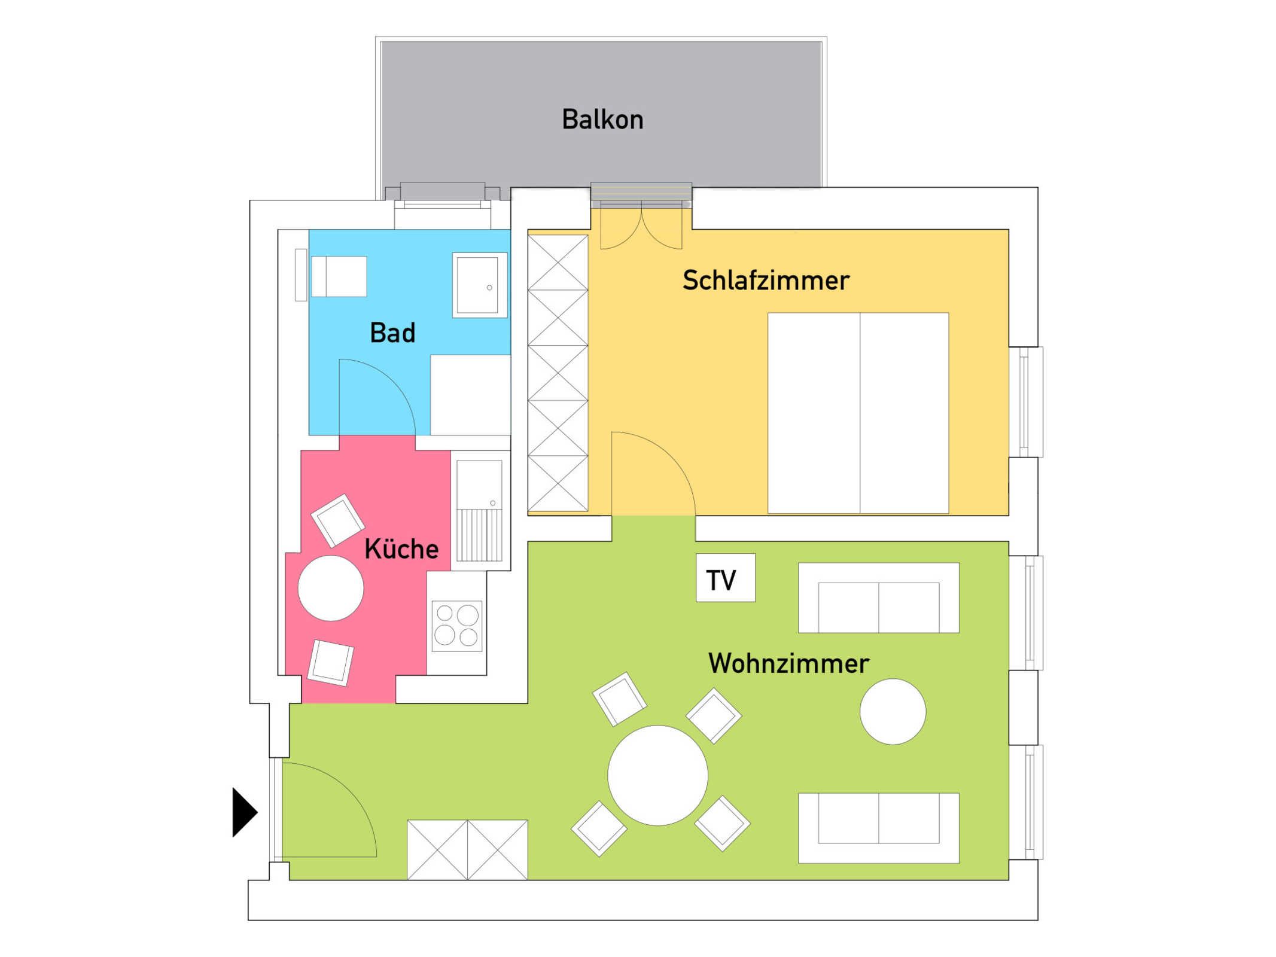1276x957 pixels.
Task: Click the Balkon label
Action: click(x=602, y=120)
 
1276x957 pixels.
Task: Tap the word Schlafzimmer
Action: click(x=766, y=281)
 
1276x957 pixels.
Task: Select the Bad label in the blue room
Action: click(x=392, y=333)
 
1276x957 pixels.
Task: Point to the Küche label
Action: click(x=401, y=548)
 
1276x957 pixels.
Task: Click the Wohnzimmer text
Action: click(x=788, y=663)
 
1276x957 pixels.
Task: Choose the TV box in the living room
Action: click(x=726, y=578)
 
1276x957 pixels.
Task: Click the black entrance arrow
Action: click(x=245, y=812)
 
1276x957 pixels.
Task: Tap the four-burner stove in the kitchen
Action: click(x=457, y=626)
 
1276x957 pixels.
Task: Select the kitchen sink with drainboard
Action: click(x=480, y=511)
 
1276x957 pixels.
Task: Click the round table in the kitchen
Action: click(x=331, y=588)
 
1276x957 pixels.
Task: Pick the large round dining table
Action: click(x=658, y=776)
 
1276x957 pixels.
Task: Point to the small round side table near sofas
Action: click(x=893, y=712)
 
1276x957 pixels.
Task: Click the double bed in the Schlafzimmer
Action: click(x=858, y=413)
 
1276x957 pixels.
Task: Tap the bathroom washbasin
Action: click(x=480, y=285)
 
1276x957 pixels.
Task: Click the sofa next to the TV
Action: click(x=879, y=598)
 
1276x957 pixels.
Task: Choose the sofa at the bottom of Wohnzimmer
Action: click(x=879, y=828)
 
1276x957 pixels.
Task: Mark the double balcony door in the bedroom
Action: click(x=641, y=224)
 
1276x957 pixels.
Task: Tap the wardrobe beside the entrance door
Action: click(x=467, y=849)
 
